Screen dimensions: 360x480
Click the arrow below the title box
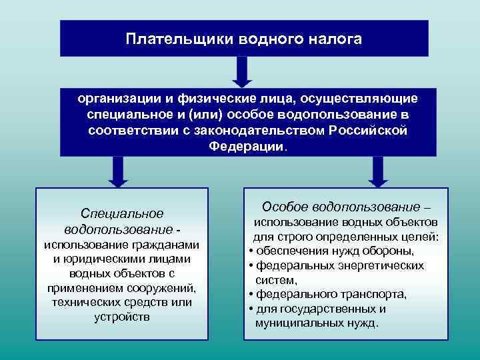[243, 71]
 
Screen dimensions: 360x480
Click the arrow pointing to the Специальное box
[117, 171]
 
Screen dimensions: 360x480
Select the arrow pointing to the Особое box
[378, 171]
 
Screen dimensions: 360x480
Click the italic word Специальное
[121, 214]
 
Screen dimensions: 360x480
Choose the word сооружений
[162, 288]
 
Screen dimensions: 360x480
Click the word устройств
[122, 317]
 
